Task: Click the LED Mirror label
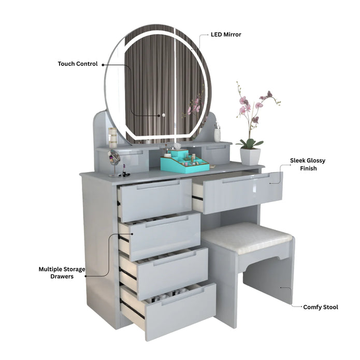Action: click(x=226, y=34)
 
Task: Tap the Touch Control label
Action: click(x=78, y=64)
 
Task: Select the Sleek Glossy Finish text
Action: click(x=308, y=164)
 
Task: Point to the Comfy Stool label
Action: click(x=321, y=307)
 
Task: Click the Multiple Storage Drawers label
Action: click(x=62, y=272)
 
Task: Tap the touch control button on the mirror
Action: click(x=164, y=115)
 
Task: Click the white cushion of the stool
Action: click(x=247, y=237)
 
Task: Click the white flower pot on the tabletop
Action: click(x=250, y=156)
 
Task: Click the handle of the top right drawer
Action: click(x=246, y=178)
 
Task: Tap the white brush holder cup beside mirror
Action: click(x=217, y=135)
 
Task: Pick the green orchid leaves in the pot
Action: click(x=249, y=143)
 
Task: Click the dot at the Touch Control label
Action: click(x=103, y=65)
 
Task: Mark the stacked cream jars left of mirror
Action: click(x=112, y=138)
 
